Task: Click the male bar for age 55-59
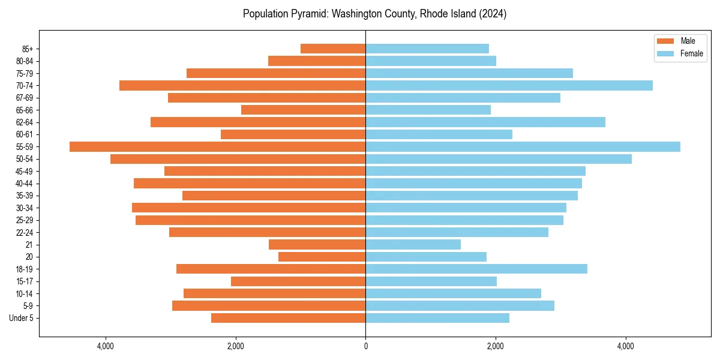coord(217,146)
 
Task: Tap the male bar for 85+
coord(333,49)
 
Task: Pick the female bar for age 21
coord(413,244)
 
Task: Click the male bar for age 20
coord(322,257)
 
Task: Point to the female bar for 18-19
coord(476,269)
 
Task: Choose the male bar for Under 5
coord(288,318)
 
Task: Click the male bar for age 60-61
coord(293,134)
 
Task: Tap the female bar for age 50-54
coord(498,159)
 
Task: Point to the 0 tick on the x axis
coord(365,346)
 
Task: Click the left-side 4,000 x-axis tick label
coord(106,346)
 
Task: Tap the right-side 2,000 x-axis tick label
coord(496,346)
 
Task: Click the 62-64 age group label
coord(25,122)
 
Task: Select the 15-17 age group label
coord(25,281)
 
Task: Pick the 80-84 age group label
coord(25,61)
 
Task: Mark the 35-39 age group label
coord(25,196)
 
